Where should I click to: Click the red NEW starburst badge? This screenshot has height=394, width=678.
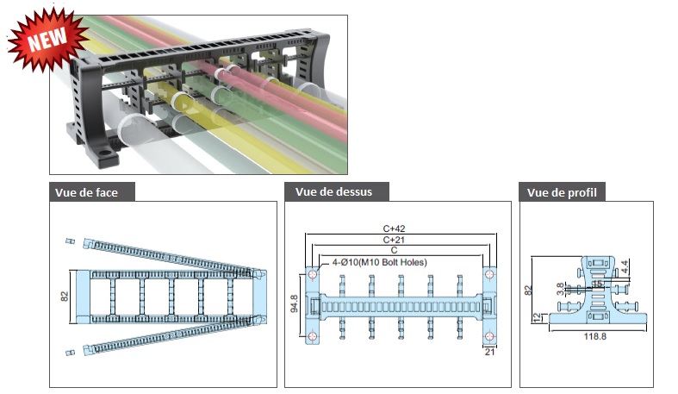point(47,39)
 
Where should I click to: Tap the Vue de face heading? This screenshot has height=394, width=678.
point(86,192)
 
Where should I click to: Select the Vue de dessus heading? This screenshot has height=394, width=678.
point(333,191)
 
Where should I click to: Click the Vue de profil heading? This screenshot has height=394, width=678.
point(562,192)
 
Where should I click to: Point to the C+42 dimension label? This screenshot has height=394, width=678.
point(394,228)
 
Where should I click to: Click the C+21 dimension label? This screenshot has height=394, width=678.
point(394,240)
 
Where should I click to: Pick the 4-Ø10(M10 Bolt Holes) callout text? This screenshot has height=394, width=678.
point(380,262)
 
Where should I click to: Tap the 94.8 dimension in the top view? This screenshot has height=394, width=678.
point(294,303)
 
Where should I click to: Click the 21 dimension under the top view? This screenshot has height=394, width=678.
point(489,352)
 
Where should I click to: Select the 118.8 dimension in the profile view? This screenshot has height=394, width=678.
point(595,336)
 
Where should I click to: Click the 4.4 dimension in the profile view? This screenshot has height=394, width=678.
point(625,267)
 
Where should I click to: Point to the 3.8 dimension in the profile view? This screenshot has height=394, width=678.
point(560,289)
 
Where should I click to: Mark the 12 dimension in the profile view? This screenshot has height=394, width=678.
point(538,318)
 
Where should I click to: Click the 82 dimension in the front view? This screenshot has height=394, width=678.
point(65,297)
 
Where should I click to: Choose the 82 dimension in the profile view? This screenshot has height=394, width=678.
point(528,291)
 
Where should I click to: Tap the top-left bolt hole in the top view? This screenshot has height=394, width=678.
point(313,274)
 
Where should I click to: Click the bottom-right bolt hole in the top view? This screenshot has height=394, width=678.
point(489,336)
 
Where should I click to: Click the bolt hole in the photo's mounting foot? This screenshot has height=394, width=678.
point(103,153)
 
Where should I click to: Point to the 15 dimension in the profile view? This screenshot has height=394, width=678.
point(597,285)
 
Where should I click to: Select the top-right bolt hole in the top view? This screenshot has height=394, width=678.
point(489,274)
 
